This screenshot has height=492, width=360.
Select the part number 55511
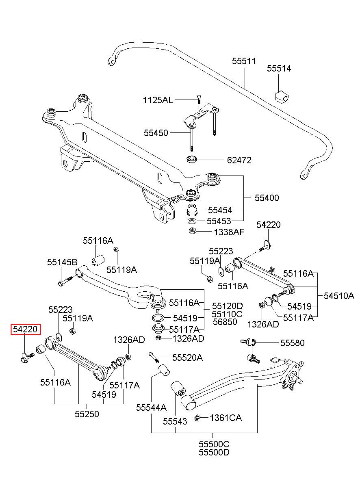click(x=244, y=61)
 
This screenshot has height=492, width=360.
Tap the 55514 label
click(x=279, y=69)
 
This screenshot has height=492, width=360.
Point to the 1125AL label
click(x=158, y=100)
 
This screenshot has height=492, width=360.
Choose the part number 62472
click(x=239, y=160)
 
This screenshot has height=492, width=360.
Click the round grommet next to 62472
click(x=191, y=159)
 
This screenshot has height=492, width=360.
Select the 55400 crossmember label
click(x=267, y=198)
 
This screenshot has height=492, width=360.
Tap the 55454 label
click(x=220, y=210)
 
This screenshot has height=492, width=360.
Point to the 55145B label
click(x=63, y=262)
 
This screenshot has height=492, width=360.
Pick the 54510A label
click(x=339, y=296)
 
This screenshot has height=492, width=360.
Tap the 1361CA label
click(x=226, y=418)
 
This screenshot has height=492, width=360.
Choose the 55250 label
click(x=87, y=414)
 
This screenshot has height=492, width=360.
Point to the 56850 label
click(x=225, y=322)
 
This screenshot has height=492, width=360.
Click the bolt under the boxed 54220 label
click(x=27, y=358)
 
